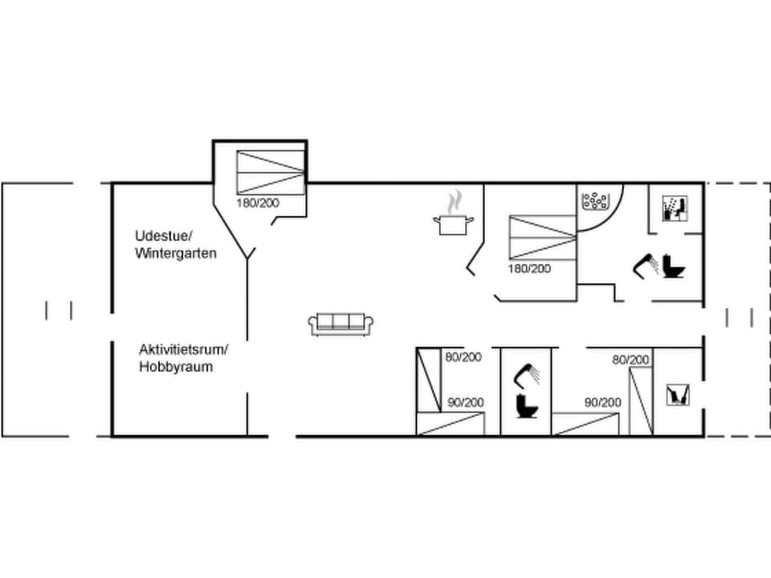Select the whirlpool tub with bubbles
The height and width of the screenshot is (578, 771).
[x=595, y=200]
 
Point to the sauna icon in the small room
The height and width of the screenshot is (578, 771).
[x=674, y=209]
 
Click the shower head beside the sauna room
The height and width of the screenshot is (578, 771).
[x=645, y=264]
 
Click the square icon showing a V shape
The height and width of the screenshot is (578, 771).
[x=678, y=395]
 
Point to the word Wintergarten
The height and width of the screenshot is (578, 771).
[x=176, y=253]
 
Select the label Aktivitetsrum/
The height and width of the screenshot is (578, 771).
[x=184, y=349]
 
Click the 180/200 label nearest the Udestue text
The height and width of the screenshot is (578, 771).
[x=258, y=203]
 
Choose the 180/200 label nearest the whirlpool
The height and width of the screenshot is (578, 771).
[x=529, y=269]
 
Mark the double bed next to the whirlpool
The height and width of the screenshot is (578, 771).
[x=542, y=237]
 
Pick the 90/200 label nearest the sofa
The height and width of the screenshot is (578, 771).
[x=465, y=402]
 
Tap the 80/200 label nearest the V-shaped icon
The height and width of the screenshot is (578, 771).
[x=630, y=360]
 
